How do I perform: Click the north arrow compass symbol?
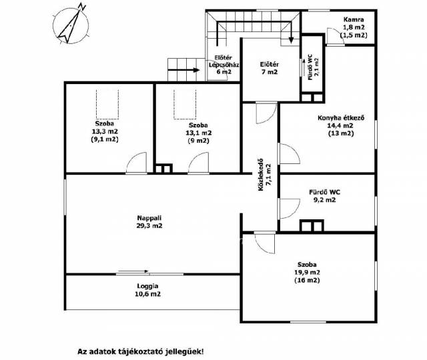71,25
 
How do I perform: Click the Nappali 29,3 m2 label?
149,222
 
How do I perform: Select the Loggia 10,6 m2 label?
147,290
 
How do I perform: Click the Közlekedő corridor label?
264,175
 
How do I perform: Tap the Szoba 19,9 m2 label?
307,272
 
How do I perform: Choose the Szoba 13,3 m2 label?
105,131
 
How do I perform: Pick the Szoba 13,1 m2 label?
198,133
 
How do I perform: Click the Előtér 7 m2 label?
269,68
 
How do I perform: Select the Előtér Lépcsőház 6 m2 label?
224,65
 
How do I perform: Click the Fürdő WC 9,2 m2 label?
324,196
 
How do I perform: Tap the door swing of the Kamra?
336,36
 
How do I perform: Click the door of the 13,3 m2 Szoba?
136,163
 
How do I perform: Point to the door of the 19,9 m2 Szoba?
265,243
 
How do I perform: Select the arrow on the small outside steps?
183,70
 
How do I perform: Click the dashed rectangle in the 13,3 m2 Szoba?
107,104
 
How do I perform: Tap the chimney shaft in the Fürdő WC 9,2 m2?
312,225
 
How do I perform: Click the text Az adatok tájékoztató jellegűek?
141,351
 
